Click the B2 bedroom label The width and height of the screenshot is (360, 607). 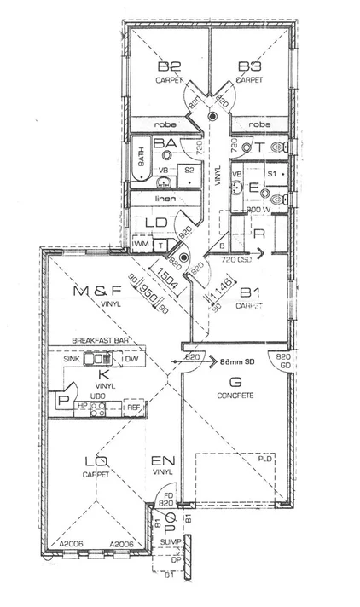click(168, 66)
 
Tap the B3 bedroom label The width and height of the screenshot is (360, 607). click(249, 66)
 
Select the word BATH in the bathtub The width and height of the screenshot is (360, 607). click(140, 158)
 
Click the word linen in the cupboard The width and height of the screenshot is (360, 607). click(165, 199)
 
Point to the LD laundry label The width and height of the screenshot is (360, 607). click(156, 223)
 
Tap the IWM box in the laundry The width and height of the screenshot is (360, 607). click(142, 245)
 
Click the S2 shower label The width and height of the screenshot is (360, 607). click(189, 171)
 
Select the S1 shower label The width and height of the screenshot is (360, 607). click(271, 173)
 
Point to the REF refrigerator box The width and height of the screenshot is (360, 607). click(133, 408)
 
